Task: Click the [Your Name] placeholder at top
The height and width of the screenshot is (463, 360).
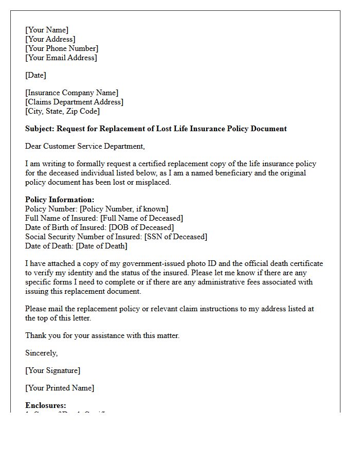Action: point(47,30)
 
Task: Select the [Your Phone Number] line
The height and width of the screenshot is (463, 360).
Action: point(62,48)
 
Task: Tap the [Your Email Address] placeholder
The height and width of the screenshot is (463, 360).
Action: point(61,58)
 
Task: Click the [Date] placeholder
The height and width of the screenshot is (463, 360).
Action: point(35,75)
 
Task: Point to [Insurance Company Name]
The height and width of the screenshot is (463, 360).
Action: point(71,93)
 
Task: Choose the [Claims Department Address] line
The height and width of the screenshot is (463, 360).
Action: point(74,102)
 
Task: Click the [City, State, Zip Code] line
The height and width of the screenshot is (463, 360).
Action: point(62,111)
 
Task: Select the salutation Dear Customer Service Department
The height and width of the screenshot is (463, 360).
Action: point(85,146)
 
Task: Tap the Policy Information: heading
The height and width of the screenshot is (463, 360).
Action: point(60,200)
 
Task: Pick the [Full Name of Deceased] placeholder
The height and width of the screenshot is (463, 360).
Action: point(141,218)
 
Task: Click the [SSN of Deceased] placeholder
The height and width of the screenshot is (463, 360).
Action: point(175,237)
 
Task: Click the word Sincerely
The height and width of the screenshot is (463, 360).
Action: point(42,353)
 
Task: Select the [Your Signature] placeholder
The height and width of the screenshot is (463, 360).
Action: point(52,370)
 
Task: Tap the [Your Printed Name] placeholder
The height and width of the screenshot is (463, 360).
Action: point(60,388)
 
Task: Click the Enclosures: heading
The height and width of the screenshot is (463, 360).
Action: point(46,405)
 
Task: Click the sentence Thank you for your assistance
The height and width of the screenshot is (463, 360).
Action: point(102,335)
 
